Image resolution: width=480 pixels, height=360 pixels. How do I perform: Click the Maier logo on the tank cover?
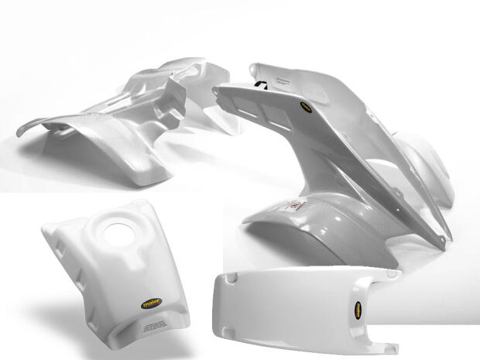coord(151,305)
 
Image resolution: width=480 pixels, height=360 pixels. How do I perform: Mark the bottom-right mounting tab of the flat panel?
coord(387,345)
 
